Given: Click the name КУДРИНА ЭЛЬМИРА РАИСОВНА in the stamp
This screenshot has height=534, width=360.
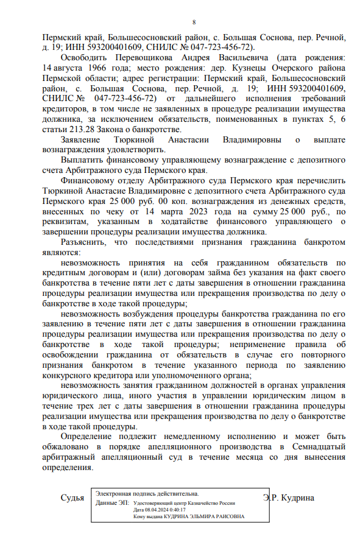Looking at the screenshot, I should [x=206, y=516].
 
